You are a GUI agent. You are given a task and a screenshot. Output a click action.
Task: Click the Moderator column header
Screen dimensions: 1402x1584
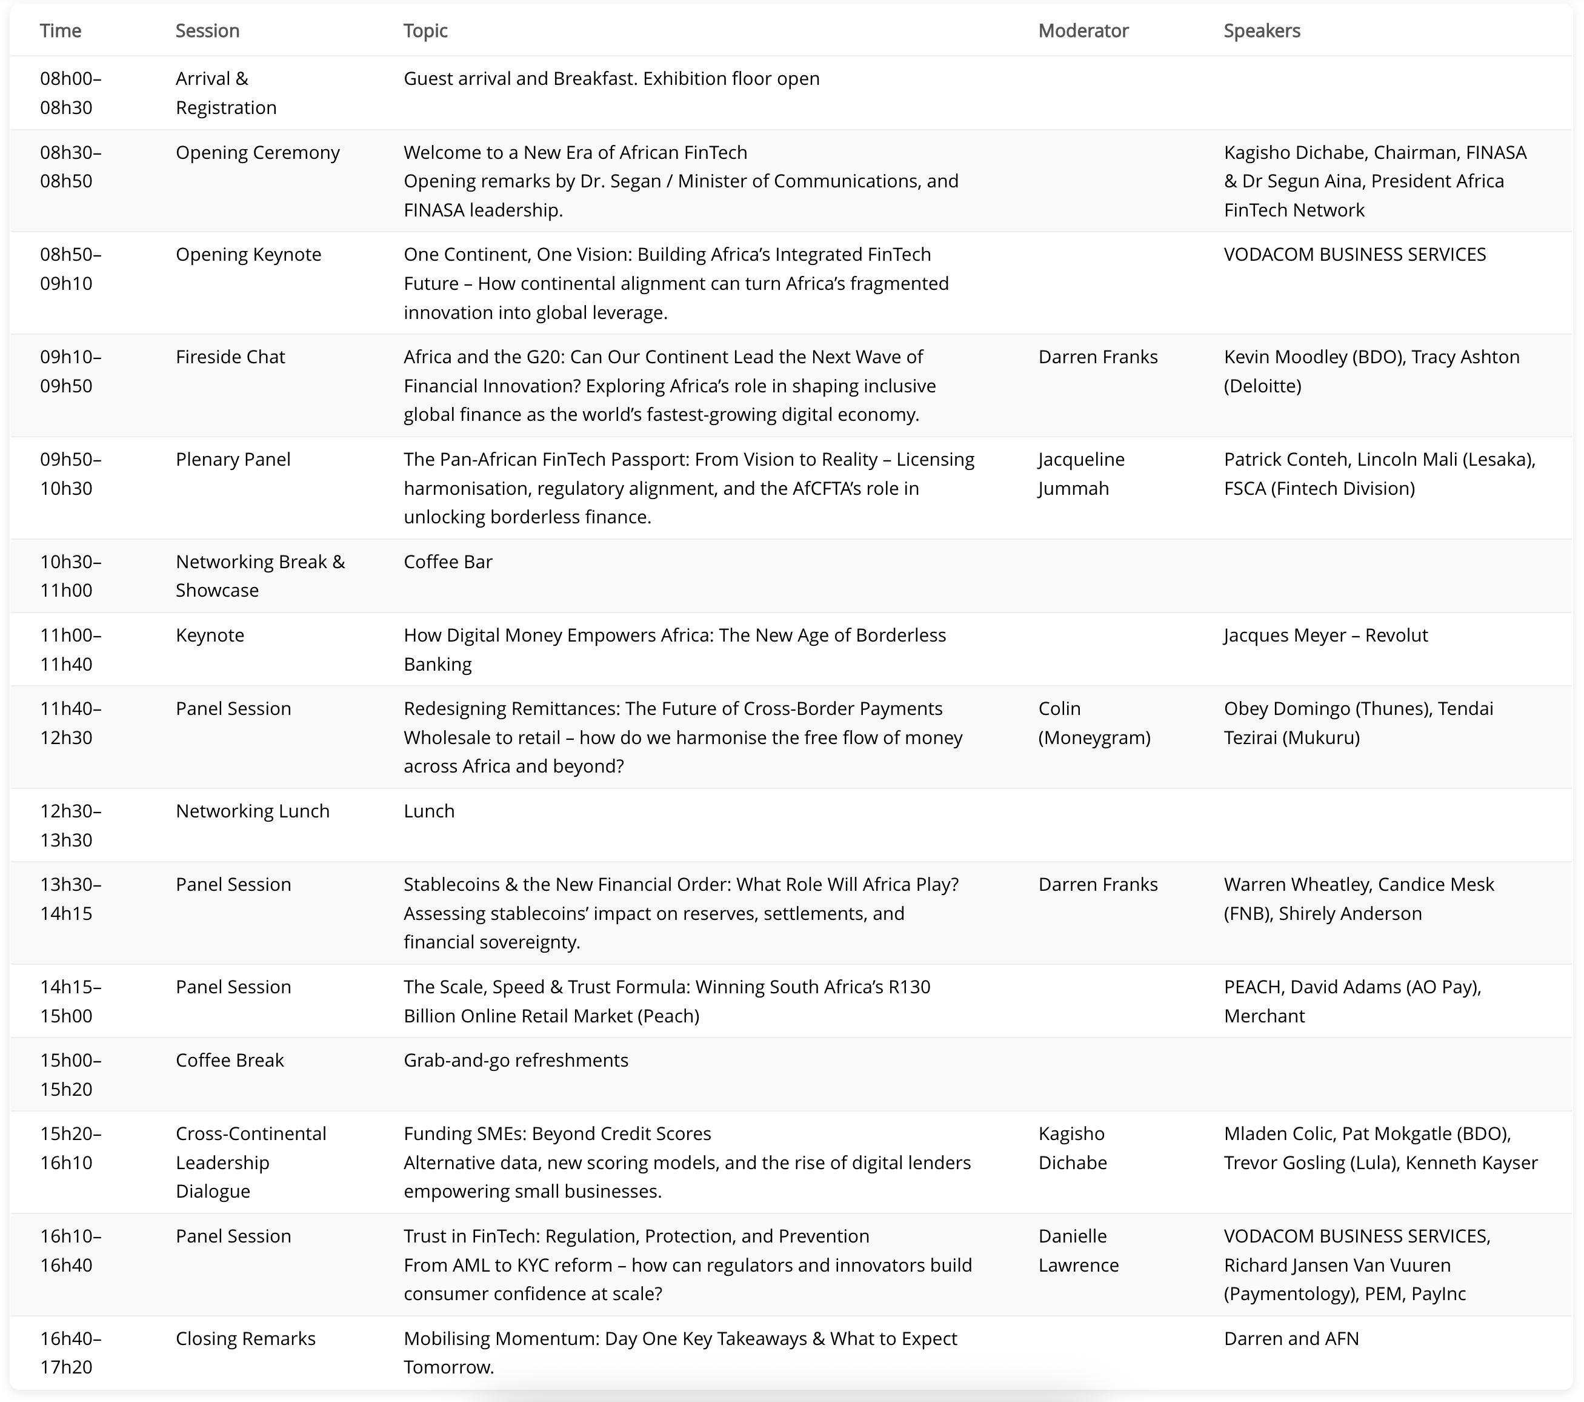point(1083,31)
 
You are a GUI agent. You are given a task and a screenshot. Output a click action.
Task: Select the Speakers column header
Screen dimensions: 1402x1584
point(1262,31)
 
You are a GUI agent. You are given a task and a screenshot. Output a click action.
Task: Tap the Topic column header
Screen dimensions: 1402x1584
point(425,31)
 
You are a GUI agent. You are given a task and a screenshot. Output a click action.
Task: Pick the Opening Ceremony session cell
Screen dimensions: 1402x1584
point(258,153)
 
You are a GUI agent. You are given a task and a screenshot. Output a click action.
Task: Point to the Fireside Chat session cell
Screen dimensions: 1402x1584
point(230,358)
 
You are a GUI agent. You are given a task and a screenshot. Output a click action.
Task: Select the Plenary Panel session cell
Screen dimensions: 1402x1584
point(233,460)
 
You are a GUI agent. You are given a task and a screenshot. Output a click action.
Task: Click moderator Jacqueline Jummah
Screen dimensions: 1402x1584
point(1081,474)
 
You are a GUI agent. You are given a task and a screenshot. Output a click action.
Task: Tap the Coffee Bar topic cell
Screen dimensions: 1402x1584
point(448,562)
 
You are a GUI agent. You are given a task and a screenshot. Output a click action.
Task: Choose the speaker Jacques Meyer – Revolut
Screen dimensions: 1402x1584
point(1325,636)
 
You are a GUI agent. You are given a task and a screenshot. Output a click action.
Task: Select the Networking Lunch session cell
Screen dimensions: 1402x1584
point(253,812)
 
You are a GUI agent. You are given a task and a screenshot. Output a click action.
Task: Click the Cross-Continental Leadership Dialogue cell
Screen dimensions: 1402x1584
point(251,1162)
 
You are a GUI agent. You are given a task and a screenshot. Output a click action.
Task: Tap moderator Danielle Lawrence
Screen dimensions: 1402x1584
point(1078,1251)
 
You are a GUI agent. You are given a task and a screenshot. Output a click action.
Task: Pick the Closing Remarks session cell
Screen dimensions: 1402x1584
point(245,1339)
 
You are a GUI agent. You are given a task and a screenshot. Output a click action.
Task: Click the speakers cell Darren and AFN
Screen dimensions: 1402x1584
point(1291,1339)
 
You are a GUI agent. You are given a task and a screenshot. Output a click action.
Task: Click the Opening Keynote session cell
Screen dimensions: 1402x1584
point(248,255)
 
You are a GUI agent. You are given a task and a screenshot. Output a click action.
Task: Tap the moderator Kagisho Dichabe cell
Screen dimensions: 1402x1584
point(1073,1149)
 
